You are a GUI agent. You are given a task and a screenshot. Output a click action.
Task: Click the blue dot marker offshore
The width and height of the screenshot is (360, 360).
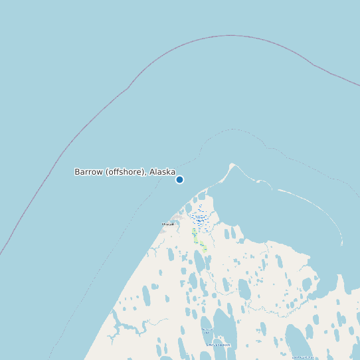pyautogui.click(x=179, y=179)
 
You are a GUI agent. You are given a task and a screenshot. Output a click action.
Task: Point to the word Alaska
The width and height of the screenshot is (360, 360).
pyautogui.click(x=162, y=172)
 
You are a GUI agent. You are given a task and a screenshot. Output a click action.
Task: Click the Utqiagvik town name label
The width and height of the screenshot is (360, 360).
pyautogui.click(x=167, y=225)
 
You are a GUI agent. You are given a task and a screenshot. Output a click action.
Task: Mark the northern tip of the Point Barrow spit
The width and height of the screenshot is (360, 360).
pyautogui.click(x=232, y=164)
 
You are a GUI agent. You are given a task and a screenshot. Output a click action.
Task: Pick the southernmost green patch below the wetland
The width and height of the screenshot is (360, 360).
pyautogui.click(x=205, y=248)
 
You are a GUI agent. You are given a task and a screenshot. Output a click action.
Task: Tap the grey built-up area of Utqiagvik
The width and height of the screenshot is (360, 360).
pyautogui.click(x=177, y=218)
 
